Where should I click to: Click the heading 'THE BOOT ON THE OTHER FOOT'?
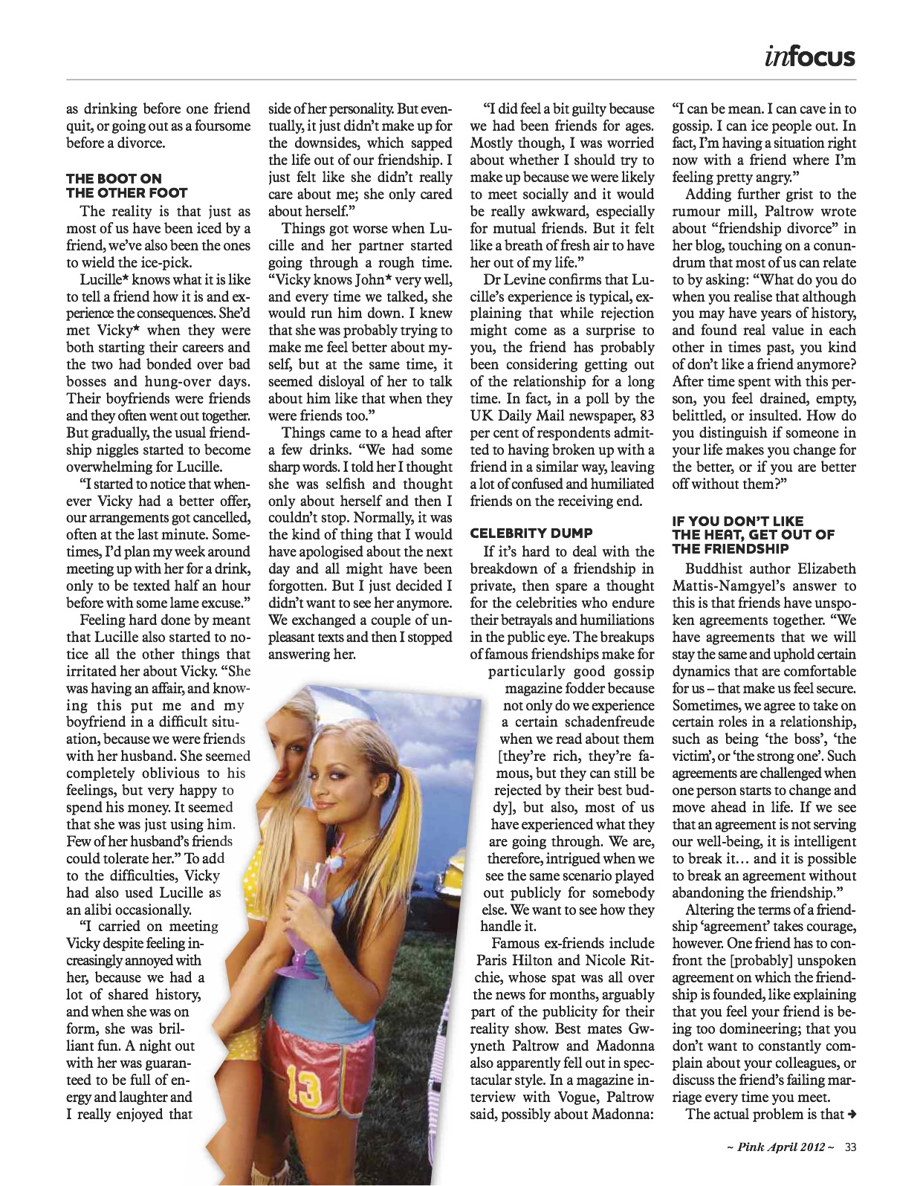click(114, 185)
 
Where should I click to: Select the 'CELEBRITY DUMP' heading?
click(531, 533)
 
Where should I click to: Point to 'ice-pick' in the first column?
click(149, 262)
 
